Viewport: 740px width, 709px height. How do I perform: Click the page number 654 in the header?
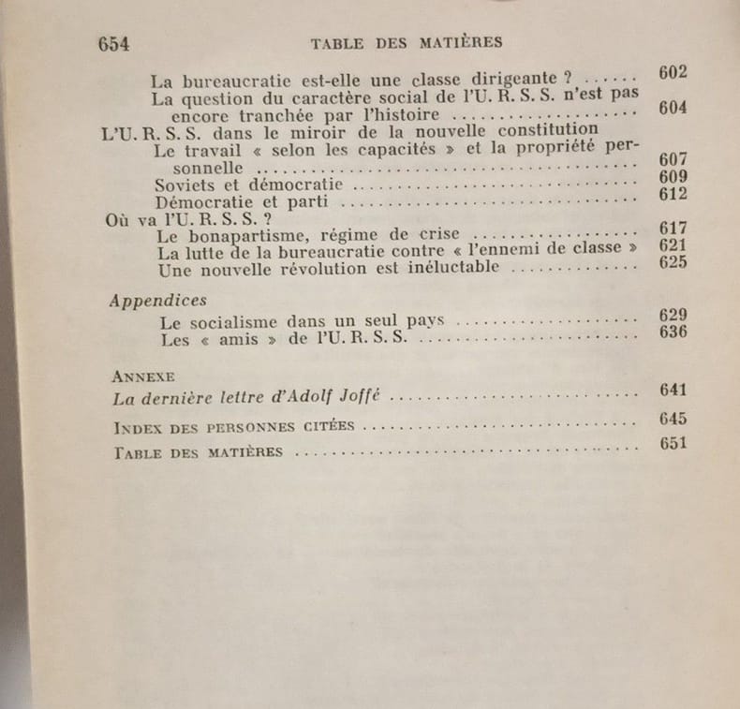112,43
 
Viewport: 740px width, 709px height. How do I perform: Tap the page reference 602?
673,73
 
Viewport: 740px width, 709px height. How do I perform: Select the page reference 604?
673,108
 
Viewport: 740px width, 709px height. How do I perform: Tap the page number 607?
673,159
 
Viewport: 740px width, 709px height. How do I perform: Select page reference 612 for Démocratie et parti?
673,194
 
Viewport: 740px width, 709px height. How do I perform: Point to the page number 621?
673,245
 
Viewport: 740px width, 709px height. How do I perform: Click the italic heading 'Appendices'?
158,301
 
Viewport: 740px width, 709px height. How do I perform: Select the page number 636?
673,332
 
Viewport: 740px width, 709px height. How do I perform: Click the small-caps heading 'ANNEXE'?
142,376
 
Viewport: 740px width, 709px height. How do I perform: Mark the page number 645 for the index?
673,419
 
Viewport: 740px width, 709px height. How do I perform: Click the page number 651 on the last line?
673,444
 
